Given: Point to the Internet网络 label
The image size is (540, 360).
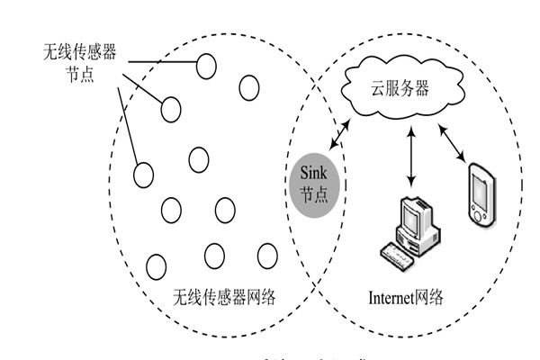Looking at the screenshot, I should coord(406,297).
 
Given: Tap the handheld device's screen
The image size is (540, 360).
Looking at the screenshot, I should coord(481,190).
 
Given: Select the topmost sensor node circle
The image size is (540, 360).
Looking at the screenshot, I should coord(207,64).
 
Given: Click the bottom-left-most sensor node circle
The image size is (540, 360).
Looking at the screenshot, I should coord(156,265).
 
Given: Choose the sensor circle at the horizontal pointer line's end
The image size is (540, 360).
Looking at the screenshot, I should coord(207,64).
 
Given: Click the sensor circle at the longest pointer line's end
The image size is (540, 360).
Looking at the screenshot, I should coord(143,175).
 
